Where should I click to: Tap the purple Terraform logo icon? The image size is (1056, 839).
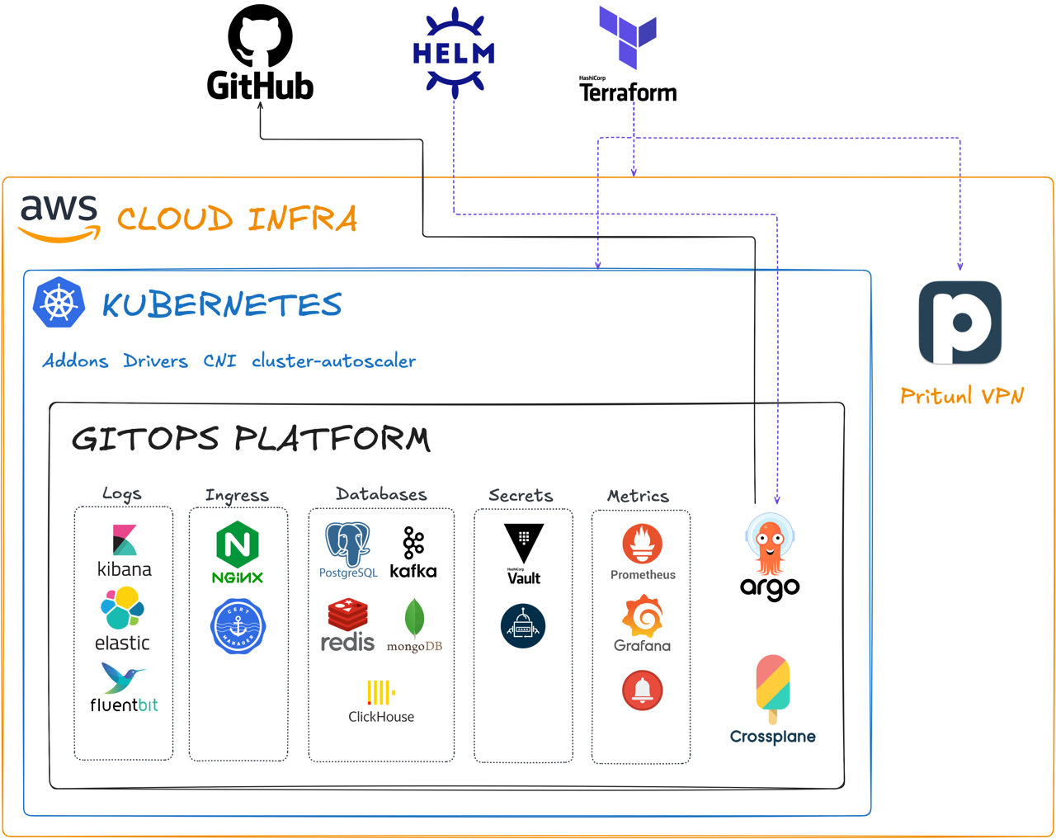[x=629, y=36]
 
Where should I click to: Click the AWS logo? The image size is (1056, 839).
[x=59, y=218]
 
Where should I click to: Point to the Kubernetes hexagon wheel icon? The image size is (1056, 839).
[x=59, y=304]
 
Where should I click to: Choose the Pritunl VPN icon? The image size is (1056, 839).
[x=960, y=323]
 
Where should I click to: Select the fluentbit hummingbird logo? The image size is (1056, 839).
[x=122, y=677]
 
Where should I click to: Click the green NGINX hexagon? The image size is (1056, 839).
[x=237, y=544]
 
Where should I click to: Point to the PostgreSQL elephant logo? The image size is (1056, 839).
[x=347, y=543]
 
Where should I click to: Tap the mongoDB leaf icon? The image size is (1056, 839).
[x=414, y=616]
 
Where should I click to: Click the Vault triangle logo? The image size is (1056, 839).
[x=524, y=541]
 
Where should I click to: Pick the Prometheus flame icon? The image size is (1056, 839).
[x=642, y=543]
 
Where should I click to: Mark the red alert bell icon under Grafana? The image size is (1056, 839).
[x=642, y=690]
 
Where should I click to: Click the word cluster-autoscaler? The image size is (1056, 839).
[x=334, y=361]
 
